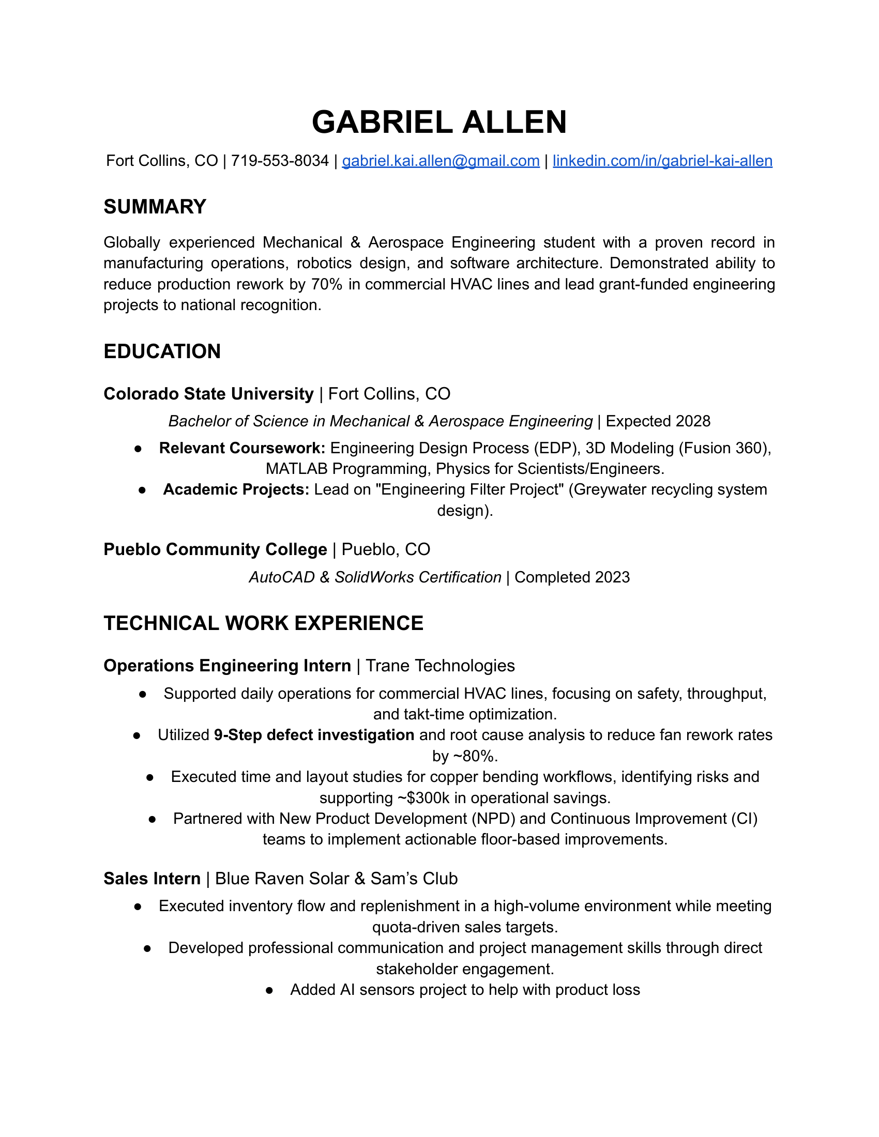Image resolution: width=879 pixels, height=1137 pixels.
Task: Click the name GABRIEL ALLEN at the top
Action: pyautogui.click(x=439, y=122)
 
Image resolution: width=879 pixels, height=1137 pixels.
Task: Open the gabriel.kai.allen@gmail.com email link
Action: pyautogui.click(x=441, y=161)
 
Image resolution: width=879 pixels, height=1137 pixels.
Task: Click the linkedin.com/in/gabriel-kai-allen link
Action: pyautogui.click(x=662, y=161)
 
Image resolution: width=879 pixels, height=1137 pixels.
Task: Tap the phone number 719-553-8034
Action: pyautogui.click(x=280, y=161)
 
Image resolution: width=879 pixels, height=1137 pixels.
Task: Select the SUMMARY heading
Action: pyautogui.click(x=155, y=207)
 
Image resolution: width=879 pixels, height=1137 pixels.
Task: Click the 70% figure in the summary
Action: pyautogui.click(x=326, y=284)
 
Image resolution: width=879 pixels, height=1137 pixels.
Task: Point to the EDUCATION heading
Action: pyautogui.click(x=162, y=351)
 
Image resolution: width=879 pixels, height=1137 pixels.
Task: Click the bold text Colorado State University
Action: pyautogui.click(x=208, y=394)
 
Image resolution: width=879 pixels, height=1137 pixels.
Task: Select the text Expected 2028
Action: pyautogui.click(x=658, y=421)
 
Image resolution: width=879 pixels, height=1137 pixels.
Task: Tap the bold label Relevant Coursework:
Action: pyautogui.click(x=242, y=448)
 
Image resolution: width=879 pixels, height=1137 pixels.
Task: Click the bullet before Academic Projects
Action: pyautogui.click(x=142, y=490)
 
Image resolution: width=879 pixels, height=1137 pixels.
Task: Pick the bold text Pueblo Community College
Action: pyautogui.click(x=215, y=549)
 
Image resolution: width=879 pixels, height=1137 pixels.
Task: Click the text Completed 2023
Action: pyautogui.click(x=572, y=577)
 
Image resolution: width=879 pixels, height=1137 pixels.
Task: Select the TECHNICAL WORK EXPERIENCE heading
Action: pyautogui.click(x=264, y=623)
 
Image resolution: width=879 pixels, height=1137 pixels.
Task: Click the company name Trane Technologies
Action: pyautogui.click(x=440, y=665)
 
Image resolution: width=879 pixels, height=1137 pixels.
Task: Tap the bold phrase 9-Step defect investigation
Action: pyautogui.click(x=314, y=734)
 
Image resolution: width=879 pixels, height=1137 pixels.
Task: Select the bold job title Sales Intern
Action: pyautogui.click(x=152, y=878)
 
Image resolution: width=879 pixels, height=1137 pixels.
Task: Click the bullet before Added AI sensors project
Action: pyautogui.click(x=269, y=990)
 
